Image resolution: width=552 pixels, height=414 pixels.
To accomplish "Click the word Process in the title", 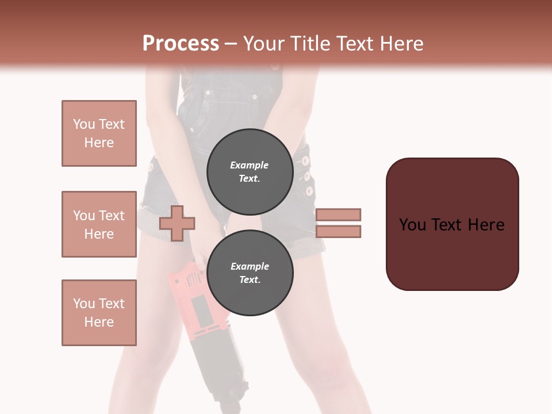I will pos(181,44).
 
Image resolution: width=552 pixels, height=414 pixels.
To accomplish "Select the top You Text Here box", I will pos(99,133).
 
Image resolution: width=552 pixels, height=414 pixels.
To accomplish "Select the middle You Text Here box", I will pos(99,224).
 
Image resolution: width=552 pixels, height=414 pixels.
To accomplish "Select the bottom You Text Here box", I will pos(99,313).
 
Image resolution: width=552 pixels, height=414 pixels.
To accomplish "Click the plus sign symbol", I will pos(177,223).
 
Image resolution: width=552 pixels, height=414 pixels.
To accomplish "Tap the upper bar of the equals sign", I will pos(339,214).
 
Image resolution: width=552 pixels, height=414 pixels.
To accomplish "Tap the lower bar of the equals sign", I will pos(339,231).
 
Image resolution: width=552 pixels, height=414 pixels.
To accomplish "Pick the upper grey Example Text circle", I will pos(250,172).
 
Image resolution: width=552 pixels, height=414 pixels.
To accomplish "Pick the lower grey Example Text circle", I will pos(250,273).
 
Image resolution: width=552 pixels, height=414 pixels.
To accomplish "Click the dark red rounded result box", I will pos(452,224).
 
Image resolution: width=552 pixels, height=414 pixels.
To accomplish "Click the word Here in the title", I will pos(401,44).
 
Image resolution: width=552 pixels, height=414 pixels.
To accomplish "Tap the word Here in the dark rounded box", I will pos(486,225).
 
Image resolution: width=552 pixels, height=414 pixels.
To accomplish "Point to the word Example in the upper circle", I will pos(250,166).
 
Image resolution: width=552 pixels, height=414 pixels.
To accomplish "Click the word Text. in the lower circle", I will pos(250,280).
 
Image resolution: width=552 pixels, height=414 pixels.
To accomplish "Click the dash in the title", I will pos(231,44).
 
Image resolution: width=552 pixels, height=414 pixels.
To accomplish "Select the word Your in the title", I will pos(262,44).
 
